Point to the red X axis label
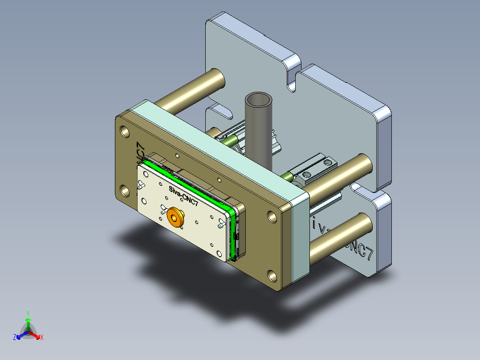(42, 338)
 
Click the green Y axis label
(28, 313)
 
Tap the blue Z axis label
(15, 338)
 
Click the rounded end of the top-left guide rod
(218, 80)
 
